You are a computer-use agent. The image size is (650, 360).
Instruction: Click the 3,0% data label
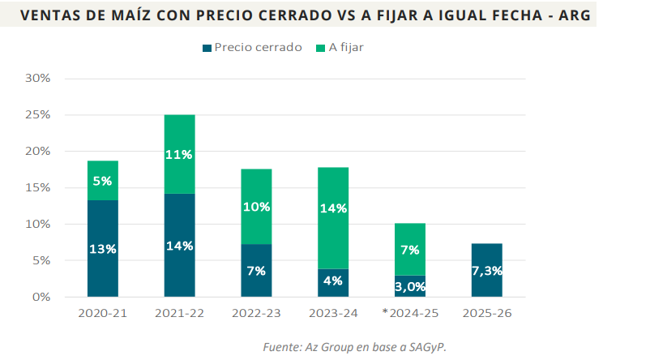pyautogui.click(x=409, y=286)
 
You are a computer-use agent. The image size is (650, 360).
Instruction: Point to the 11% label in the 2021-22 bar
pyautogui.click(x=180, y=155)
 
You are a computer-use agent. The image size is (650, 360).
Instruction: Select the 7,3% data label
pyautogui.click(x=486, y=269)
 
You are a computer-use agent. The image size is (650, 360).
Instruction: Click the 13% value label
pyautogui.click(x=103, y=249)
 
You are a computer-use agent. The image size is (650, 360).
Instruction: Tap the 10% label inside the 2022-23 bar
pyautogui.click(x=256, y=207)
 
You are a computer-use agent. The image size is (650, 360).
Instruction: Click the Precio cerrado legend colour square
pyautogui.click(x=207, y=48)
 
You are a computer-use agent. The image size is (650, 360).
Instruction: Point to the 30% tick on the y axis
pyautogui.click(x=38, y=79)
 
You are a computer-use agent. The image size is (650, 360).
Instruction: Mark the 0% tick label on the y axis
pyautogui.click(x=41, y=297)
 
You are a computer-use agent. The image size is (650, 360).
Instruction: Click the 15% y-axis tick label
pyautogui.click(x=38, y=187)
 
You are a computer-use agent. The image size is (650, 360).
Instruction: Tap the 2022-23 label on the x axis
pyautogui.click(x=256, y=313)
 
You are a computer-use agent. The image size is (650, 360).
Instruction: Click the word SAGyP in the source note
pyautogui.click(x=425, y=347)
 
